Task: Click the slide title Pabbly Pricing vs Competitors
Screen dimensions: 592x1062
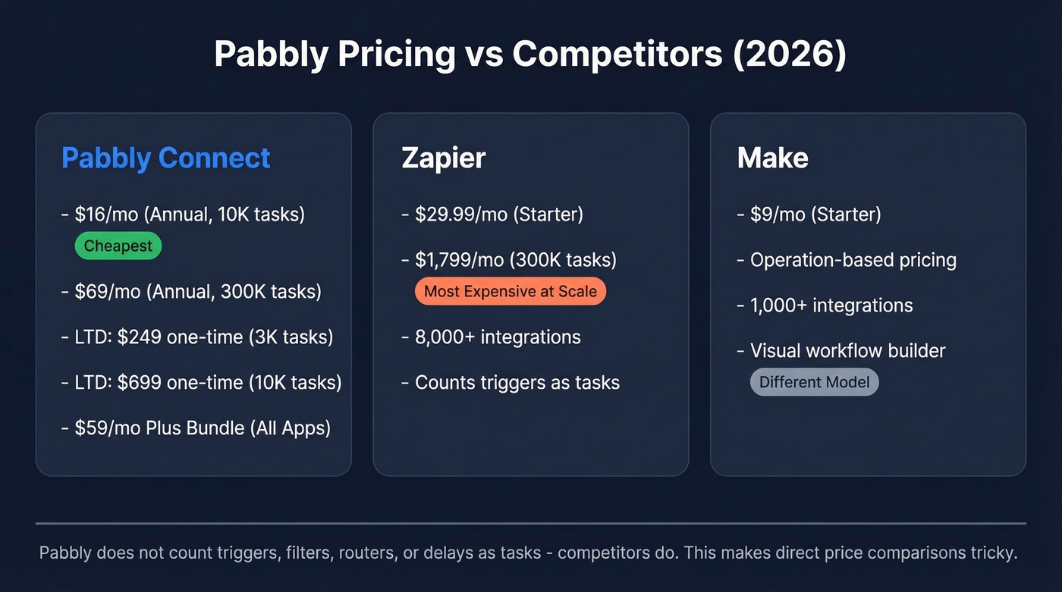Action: [x=529, y=55]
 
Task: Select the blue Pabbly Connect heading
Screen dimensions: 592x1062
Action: [x=165, y=158]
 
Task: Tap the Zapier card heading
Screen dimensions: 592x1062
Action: [x=443, y=158]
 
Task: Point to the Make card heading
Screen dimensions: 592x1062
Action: [x=772, y=158]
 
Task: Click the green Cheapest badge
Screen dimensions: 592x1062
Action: [x=118, y=246]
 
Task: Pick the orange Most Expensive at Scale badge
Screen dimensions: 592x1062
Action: [x=510, y=291]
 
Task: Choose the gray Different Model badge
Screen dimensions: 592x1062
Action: [x=814, y=382]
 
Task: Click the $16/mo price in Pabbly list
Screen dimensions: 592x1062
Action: [x=106, y=215]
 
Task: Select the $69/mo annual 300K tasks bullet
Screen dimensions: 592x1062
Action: [x=197, y=291]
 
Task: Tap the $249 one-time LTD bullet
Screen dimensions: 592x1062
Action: [x=203, y=337]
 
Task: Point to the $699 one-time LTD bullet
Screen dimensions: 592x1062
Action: [x=207, y=382]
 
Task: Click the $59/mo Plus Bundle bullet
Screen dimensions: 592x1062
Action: [x=202, y=428]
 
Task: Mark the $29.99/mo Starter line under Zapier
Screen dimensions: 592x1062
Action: [x=498, y=215]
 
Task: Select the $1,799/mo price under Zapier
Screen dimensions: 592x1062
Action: [x=459, y=260]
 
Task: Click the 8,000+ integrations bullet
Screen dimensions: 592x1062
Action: [x=497, y=337]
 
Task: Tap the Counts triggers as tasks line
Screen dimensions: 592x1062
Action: [x=517, y=382]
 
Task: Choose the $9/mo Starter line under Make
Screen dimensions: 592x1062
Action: [x=815, y=215]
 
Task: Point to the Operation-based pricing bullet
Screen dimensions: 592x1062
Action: [x=853, y=260]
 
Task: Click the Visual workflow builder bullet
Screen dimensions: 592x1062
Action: [x=847, y=351]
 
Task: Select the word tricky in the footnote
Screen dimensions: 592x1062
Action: [x=991, y=553]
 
